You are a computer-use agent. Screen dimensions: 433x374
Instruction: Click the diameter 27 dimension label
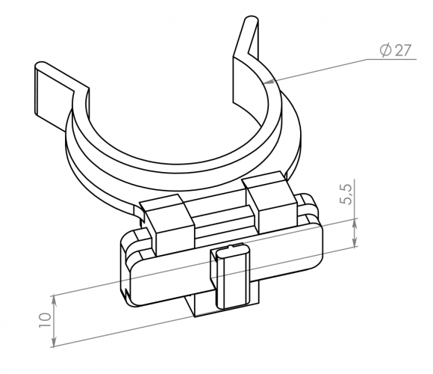pyautogui.click(x=396, y=50)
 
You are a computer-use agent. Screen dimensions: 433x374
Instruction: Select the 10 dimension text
pyautogui.click(x=46, y=320)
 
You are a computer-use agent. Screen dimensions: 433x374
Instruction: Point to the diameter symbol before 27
pyautogui.click(x=385, y=50)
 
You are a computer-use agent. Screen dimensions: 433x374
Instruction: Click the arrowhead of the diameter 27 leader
pyautogui.click(x=269, y=82)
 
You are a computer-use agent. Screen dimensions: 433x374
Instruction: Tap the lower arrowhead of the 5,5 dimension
pyautogui.click(x=355, y=242)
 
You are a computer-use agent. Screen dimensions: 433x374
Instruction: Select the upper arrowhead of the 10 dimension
pyautogui.click(x=54, y=301)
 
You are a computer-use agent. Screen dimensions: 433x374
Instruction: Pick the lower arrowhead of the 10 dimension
pyautogui.click(x=54, y=341)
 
